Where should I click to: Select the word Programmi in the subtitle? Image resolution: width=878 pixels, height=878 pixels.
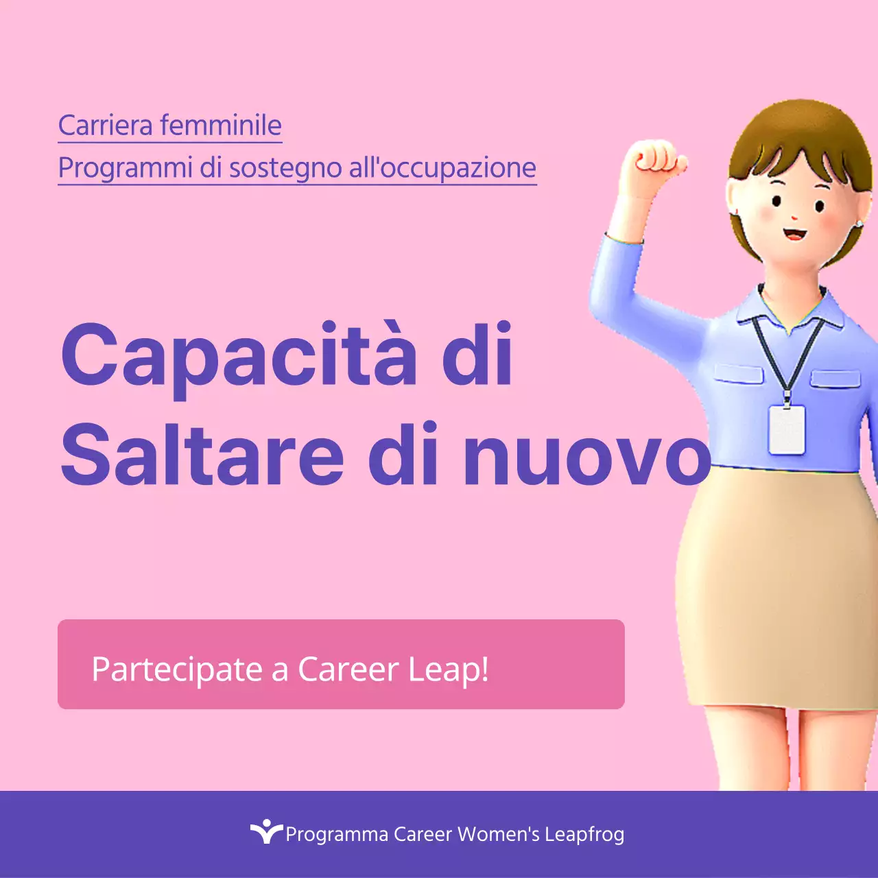click(x=125, y=168)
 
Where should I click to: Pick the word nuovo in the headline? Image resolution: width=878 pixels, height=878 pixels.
click(x=587, y=455)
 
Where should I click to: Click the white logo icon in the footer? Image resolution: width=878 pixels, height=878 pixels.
click(x=265, y=831)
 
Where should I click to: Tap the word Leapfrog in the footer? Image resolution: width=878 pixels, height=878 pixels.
click(x=584, y=835)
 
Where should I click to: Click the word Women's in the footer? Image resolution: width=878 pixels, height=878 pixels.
click(x=499, y=834)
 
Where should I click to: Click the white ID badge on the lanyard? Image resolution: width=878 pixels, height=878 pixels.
click(x=786, y=429)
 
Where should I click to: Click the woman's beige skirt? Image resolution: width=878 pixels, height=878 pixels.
click(x=775, y=590)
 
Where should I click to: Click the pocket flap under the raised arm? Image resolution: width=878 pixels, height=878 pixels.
click(x=738, y=374)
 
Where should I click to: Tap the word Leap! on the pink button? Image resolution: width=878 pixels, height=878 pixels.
click(x=449, y=669)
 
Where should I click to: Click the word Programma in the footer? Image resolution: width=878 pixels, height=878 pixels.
click(x=337, y=835)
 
